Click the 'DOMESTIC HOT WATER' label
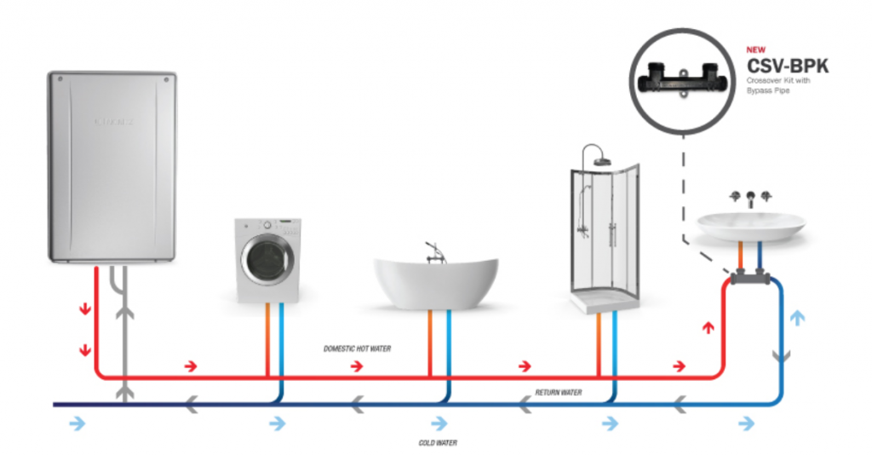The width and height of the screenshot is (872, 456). pyautogui.click(x=357, y=349)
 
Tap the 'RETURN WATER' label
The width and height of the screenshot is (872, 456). pyautogui.click(x=558, y=393)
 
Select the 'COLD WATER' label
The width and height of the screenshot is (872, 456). pyautogui.click(x=438, y=443)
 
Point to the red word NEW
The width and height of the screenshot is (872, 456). pyautogui.click(x=755, y=49)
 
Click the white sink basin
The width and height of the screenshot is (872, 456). pyautogui.click(x=750, y=225)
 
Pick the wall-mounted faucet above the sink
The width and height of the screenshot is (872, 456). pyautogui.click(x=749, y=199)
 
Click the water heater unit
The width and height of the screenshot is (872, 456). pyautogui.click(x=111, y=167)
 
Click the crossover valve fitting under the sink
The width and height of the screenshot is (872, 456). pyautogui.click(x=749, y=277)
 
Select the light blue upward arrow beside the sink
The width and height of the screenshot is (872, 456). pyautogui.click(x=798, y=318)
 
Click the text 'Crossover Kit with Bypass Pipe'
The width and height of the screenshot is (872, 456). pyautogui.click(x=780, y=85)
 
